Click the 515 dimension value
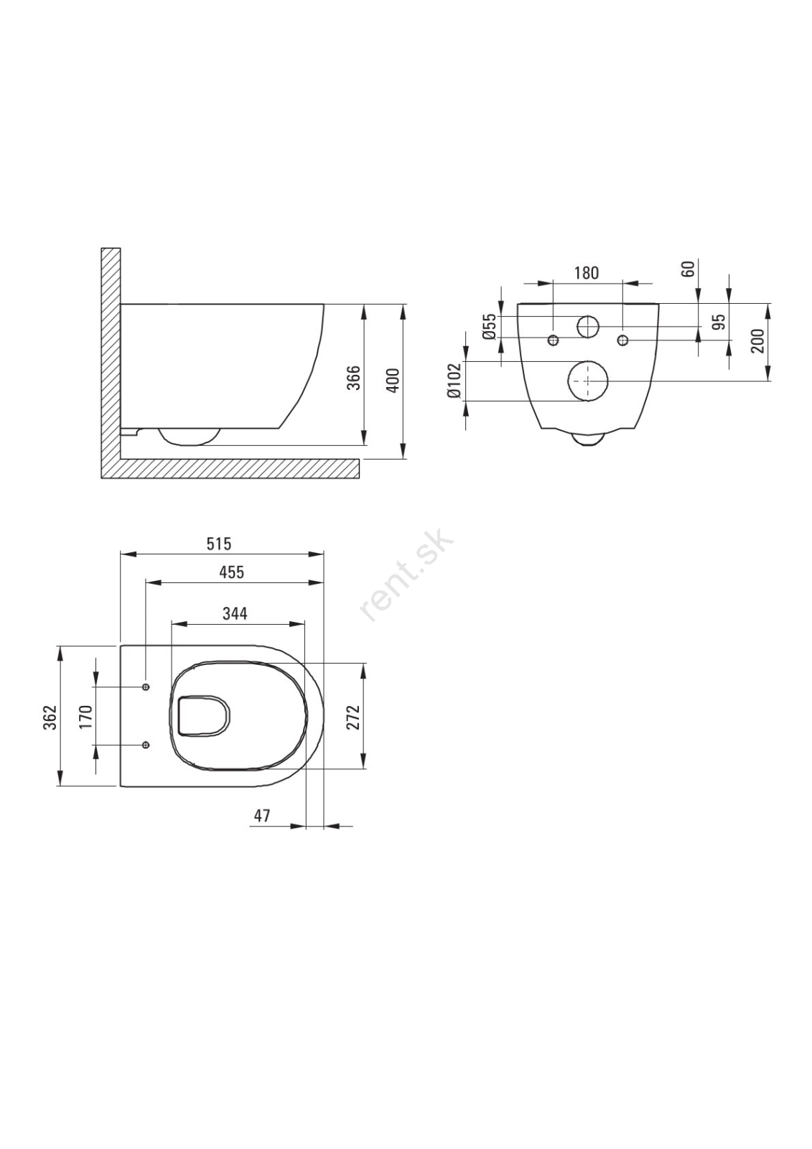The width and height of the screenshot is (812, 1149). click(x=219, y=543)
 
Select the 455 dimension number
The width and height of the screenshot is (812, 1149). click(x=233, y=572)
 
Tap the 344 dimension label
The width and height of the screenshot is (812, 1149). click(x=235, y=613)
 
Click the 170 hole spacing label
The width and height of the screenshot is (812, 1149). click(x=85, y=717)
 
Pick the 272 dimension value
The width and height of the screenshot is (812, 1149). click(x=354, y=717)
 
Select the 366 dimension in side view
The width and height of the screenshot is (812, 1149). click(x=354, y=378)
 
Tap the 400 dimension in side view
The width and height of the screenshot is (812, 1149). click(x=392, y=380)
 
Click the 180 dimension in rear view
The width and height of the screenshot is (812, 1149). click(x=586, y=273)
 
